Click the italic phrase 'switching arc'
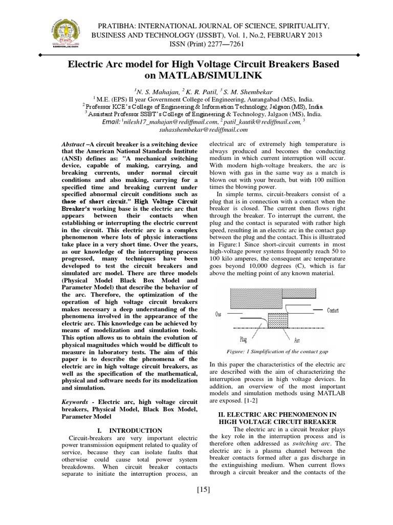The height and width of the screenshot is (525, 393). click(313, 443)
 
